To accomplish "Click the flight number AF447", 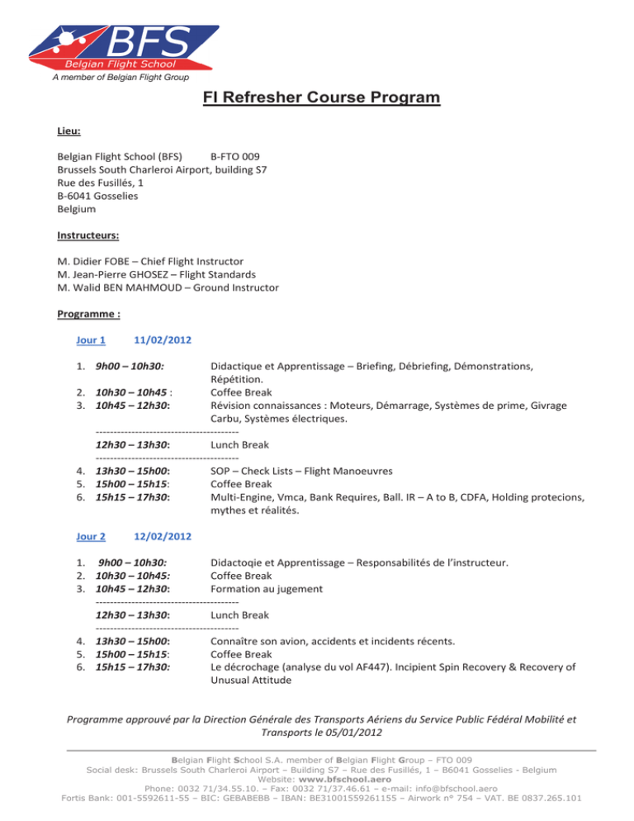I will [393, 667].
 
